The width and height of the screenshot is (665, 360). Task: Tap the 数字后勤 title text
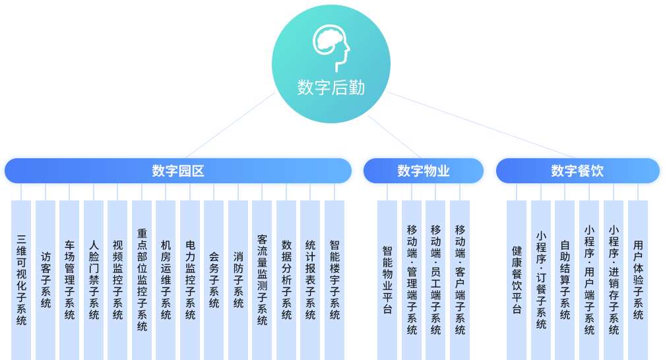point(331,88)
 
